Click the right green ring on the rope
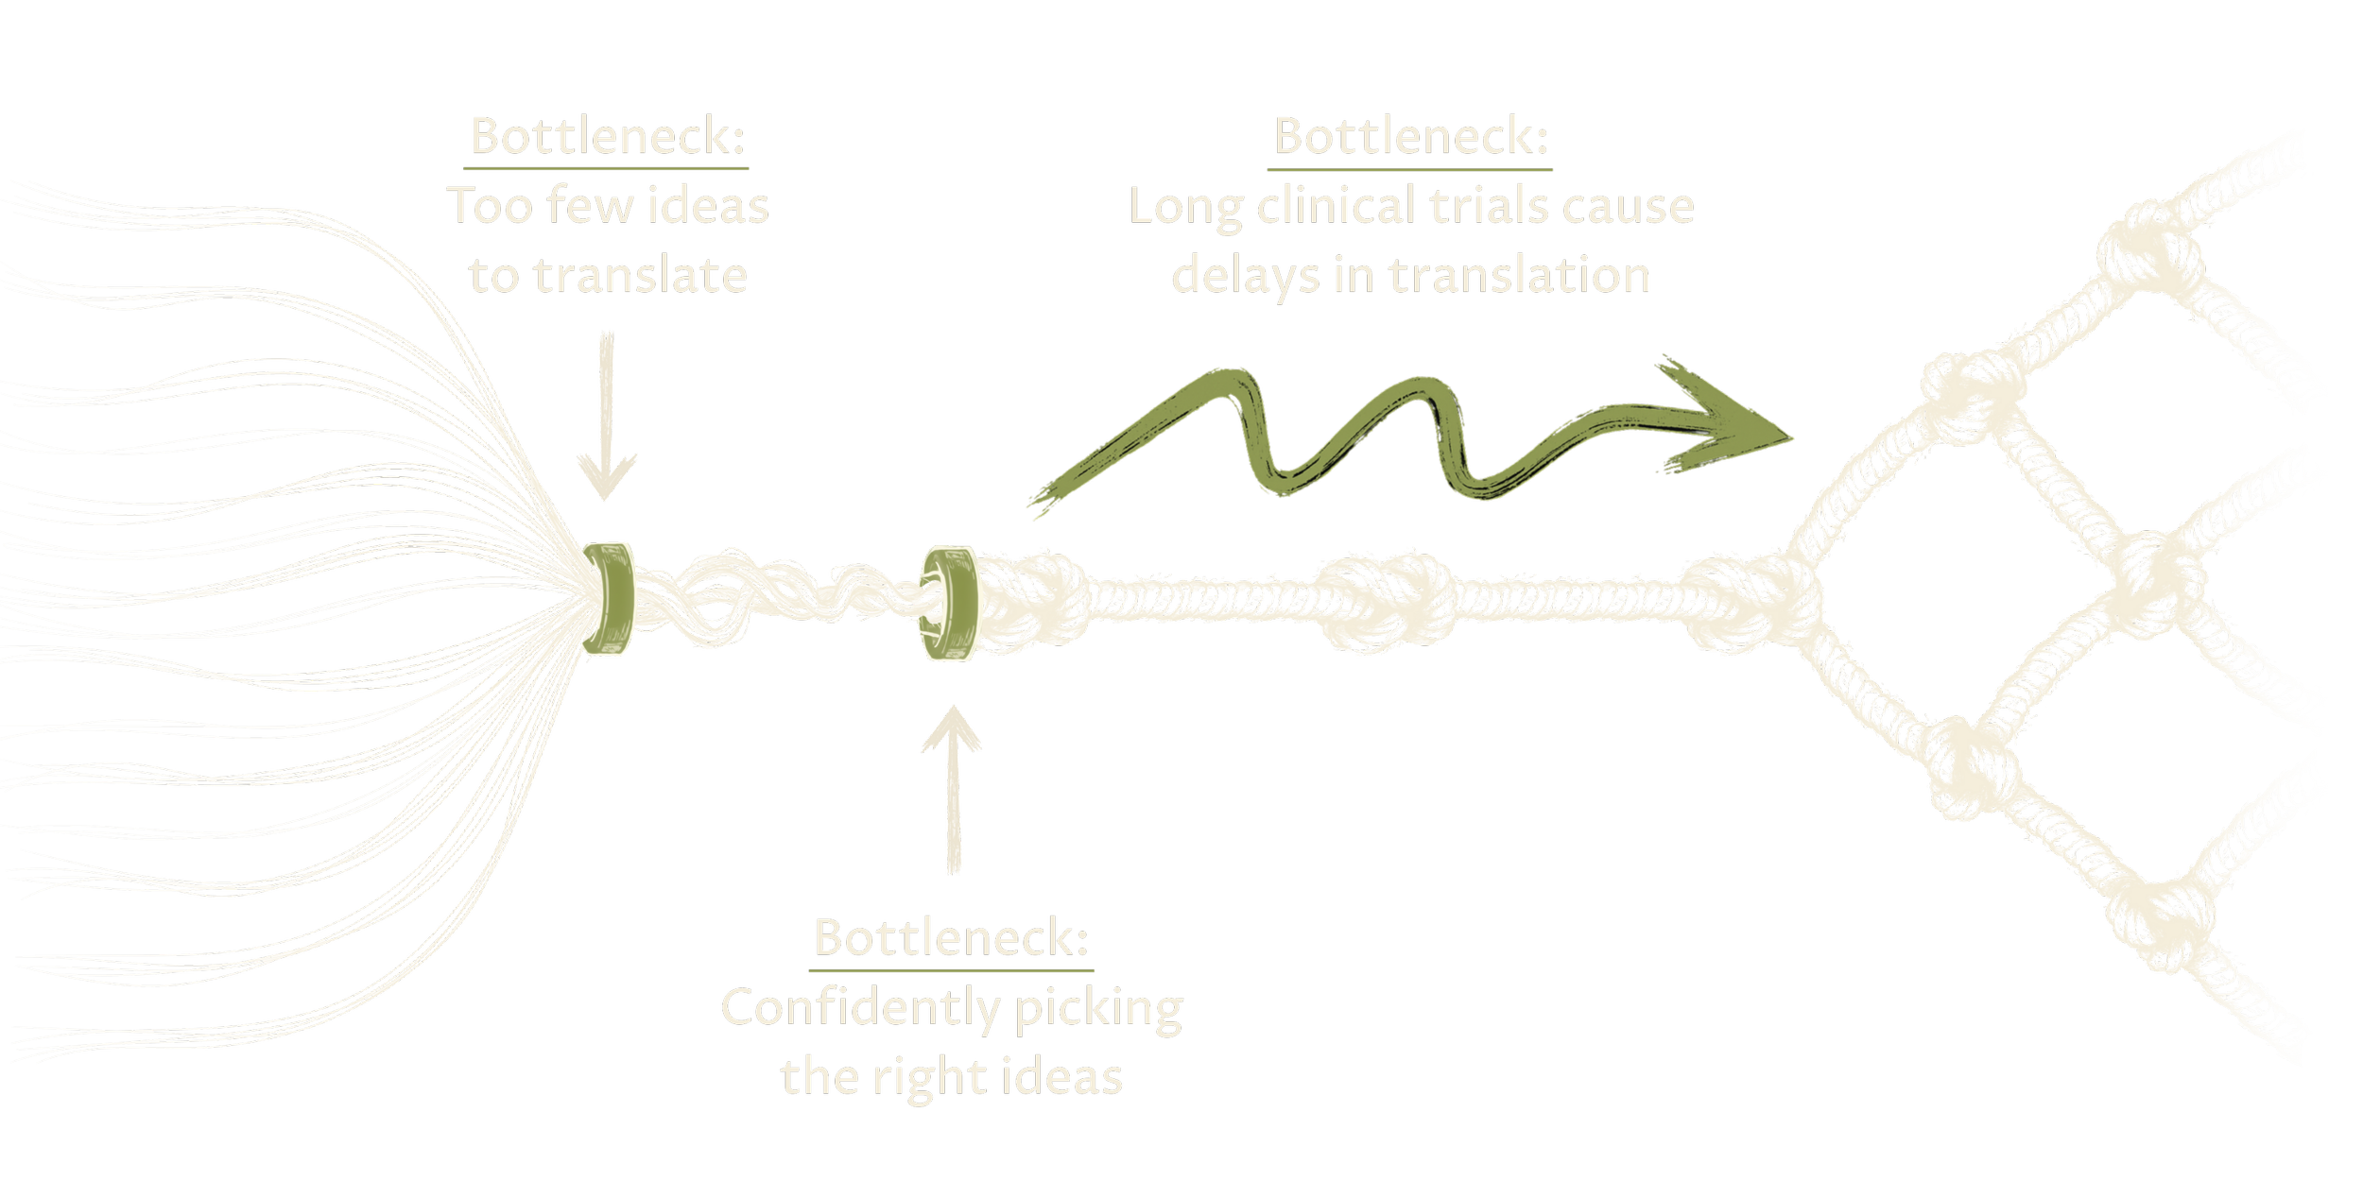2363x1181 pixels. tap(950, 605)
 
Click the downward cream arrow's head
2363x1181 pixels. tap(606, 477)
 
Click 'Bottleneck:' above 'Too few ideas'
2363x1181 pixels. tap(608, 136)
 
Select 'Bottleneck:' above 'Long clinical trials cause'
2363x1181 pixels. tap(1410, 136)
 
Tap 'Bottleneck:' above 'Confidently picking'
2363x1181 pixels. tap(951, 937)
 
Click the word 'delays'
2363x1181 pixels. tap(1245, 276)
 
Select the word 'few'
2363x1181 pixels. tap(590, 206)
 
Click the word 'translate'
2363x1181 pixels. tap(640, 276)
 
